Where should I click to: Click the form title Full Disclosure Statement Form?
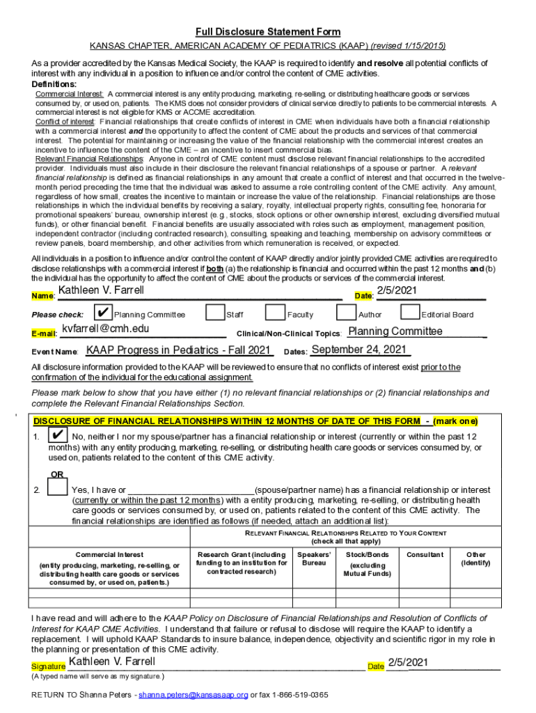(268, 32)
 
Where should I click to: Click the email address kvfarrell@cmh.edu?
(105, 329)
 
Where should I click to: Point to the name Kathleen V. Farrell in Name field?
(101, 290)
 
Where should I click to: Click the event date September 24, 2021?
(358, 350)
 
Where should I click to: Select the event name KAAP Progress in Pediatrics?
(179, 350)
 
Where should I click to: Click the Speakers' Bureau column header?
(314, 558)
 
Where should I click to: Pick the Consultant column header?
(425, 554)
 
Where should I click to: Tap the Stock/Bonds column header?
(368, 564)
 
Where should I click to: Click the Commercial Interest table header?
(109, 555)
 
